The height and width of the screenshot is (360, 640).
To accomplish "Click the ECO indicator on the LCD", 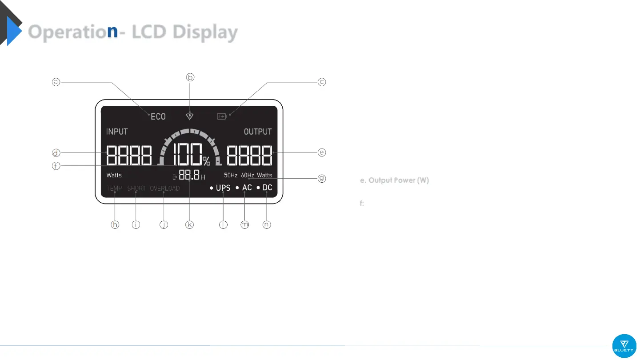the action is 158,116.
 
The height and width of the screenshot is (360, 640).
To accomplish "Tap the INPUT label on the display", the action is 117,132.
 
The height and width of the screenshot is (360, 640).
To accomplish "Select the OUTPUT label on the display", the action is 258,132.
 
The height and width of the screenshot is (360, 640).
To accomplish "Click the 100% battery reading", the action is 191,155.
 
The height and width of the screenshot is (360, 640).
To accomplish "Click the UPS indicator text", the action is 223,188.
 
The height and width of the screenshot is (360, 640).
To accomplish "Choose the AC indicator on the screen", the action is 247,188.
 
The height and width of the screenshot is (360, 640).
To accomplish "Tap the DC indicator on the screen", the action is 267,188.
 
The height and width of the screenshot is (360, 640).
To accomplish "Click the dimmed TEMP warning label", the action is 114,188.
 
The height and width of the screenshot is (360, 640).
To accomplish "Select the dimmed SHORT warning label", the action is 136,188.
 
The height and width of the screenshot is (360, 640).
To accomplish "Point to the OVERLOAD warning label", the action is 165,188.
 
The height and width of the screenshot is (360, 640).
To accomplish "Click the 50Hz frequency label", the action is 231,175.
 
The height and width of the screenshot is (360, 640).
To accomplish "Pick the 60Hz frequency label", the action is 248,175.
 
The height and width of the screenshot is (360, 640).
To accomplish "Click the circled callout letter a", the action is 56,82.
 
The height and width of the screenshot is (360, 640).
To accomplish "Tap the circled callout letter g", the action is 322,179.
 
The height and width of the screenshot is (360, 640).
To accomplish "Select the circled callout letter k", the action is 190,225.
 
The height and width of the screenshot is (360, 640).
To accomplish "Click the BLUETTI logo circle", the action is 624,346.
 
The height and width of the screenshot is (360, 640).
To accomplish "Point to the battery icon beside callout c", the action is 221,117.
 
